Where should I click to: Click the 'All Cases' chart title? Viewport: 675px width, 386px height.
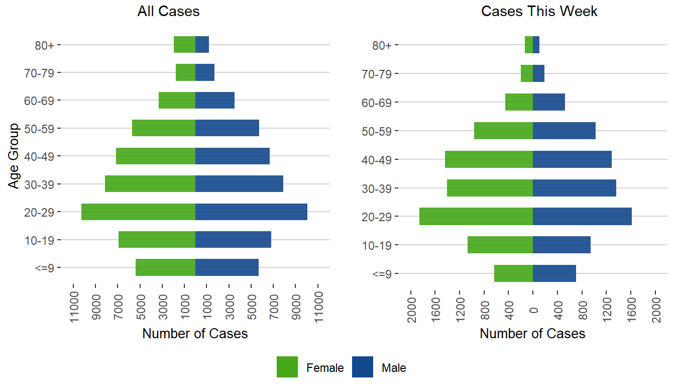coord(168,12)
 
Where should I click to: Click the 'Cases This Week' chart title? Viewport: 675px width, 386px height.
coord(539,12)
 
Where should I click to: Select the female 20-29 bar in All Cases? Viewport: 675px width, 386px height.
coord(138,212)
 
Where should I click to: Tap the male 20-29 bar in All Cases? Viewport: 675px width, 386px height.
coord(251,212)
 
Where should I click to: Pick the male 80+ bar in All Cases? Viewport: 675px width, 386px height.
coord(202,45)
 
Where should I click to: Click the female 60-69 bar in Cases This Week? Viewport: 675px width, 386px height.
coord(519,102)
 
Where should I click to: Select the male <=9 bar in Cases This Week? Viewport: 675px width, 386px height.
coord(554,273)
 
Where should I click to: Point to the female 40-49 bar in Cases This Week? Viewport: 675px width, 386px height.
coord(489,159)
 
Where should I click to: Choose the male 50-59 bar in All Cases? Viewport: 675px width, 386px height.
coord(227,128)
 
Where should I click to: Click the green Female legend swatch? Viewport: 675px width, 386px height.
coord(287,367)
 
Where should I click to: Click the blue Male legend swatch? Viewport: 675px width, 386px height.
coord(363,367)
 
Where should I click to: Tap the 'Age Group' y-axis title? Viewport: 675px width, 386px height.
coord(14,156)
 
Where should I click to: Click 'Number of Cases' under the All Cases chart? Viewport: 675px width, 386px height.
coord(195,334)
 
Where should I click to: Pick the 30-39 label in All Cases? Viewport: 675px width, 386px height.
coord(42,184)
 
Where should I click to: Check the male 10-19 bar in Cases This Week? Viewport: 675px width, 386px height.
coord(561,245)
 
